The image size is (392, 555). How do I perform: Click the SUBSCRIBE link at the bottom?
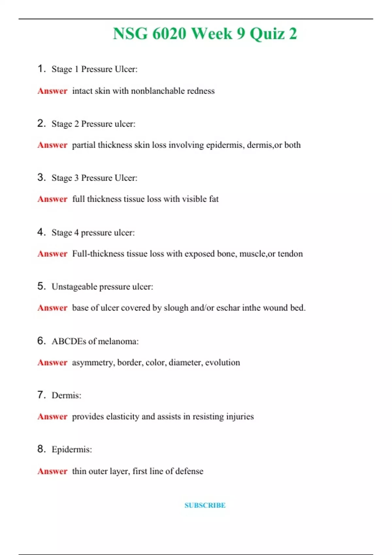(205, 505)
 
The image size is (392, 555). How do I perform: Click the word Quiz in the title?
(267, 34)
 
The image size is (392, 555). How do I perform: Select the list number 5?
(41, 286)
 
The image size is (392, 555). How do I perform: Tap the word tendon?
(290, 254)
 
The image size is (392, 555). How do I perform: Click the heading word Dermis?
(66, 395)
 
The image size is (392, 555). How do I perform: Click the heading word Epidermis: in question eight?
(72, 450)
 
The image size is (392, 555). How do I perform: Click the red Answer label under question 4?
(52, 254)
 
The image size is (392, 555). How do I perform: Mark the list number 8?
(41, 449)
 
